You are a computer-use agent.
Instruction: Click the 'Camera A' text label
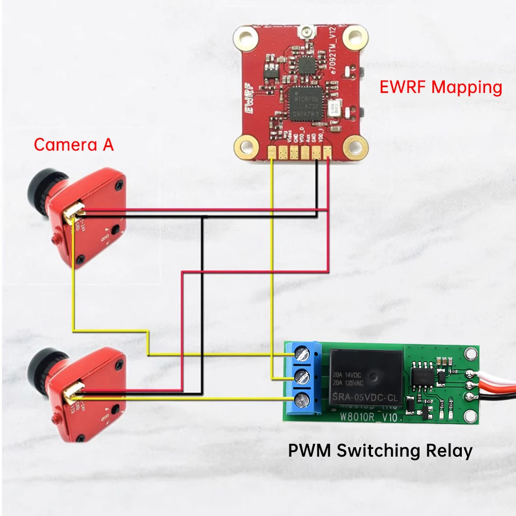tap(73, 144)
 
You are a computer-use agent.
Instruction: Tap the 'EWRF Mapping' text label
tap(441, 87)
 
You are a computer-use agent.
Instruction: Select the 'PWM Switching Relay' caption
tap(380, 450)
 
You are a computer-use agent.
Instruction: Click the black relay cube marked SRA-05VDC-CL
tap(364, 377)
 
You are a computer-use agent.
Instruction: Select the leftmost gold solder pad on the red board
tap(272, 152)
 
